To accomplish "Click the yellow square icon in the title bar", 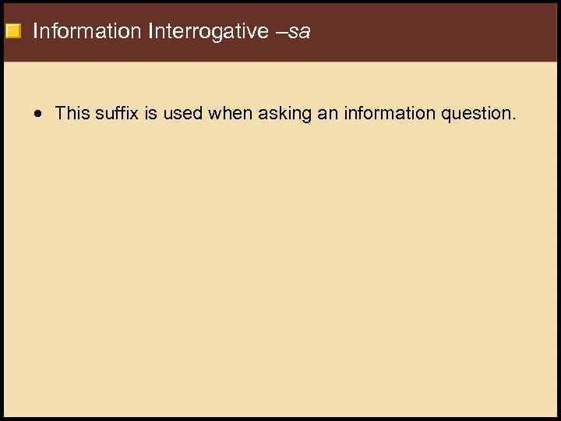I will click(x=12, y=32).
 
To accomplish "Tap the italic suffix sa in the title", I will click(x=300, y=32).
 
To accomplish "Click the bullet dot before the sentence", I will click(x=38, y=114).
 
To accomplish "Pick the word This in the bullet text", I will click(x=72, y=113).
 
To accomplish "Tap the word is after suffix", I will click(x=150, y=113).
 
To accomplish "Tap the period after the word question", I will click(x=513, y=119).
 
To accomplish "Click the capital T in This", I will click(x=61, y=113).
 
